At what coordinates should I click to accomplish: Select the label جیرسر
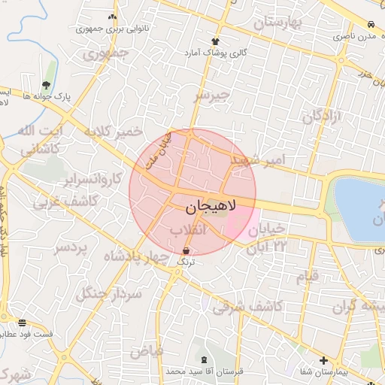coord(211,95)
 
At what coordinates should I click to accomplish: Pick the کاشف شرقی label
coord(247,307)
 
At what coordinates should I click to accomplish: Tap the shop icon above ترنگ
coord(186,251)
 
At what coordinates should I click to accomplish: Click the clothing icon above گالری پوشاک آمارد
coord(216,42)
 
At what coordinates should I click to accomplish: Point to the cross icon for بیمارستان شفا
coord(323,360)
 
